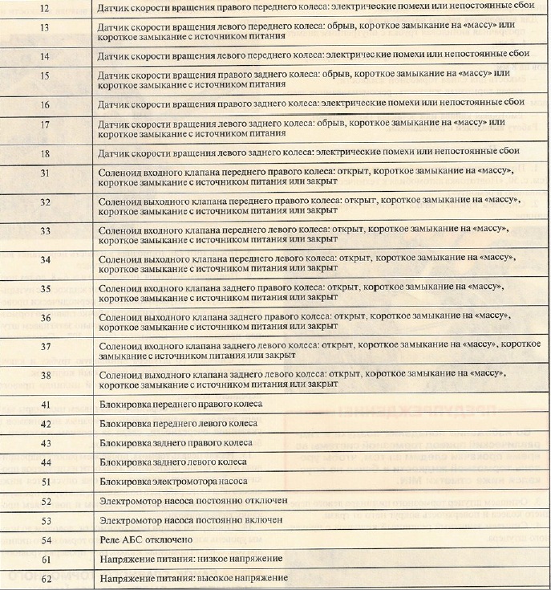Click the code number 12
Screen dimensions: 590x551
click(45, 8)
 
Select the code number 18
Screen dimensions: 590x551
click(45, 151)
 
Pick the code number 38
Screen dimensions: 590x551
click(45, 375)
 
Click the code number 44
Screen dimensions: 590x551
click(45, 462)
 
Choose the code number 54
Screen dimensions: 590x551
click(45, 539)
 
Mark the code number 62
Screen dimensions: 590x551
click(45, 578)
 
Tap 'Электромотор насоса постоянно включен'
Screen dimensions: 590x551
click(191, 520)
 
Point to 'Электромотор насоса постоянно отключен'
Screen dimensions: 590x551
click(192, 501)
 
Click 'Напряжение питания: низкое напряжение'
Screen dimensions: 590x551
click(190, 559)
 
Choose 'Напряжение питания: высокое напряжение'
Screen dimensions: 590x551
click(192, 578)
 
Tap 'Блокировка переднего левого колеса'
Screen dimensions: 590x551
click(176, 423)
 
